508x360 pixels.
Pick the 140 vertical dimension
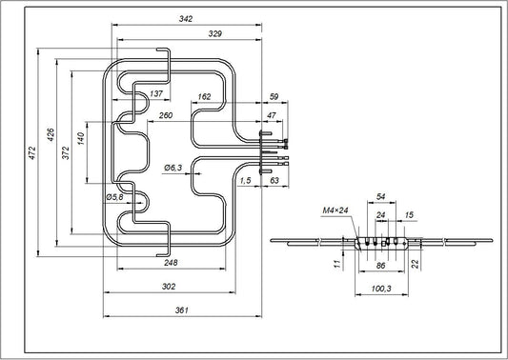(x=83, y=139)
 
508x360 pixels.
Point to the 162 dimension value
(x=204, y=96)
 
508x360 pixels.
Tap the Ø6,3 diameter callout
(x=173, y=168)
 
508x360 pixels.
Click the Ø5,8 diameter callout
(x=113, y=197)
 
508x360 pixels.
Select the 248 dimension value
(x=171, y=263)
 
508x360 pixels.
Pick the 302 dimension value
(x=169, y=288)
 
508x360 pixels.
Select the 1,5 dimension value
(x=245, y=180)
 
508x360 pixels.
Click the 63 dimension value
(x=274, y=180)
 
